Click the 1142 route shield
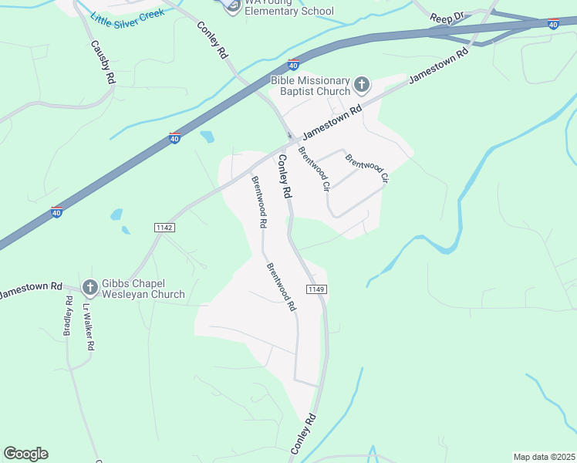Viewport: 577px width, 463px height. point(164,228)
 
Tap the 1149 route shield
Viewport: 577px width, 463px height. point(315,289)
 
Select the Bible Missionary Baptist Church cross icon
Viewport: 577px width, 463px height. point(362,83)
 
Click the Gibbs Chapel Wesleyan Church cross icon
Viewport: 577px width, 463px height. point(89,288)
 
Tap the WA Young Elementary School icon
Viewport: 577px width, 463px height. point(232,7)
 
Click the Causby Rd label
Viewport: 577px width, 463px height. point(103,62)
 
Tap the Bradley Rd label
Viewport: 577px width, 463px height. point(68,318)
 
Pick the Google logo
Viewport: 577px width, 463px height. point(25,454)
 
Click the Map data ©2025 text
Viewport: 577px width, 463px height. point(543,457)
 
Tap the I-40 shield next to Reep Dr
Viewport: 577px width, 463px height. point(553,25)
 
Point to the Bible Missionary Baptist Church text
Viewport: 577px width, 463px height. point(310,86)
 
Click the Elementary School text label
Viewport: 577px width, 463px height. point(288,11)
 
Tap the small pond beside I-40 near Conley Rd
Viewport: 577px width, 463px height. point(207,137)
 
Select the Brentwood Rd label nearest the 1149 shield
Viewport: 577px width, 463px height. point(282,286)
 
